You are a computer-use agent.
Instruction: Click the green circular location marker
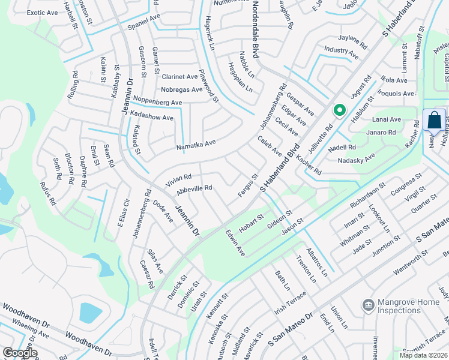339,110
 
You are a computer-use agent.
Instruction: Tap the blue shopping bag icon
434,121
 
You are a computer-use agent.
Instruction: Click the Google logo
20,353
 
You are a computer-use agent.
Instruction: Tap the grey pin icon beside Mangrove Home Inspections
367,305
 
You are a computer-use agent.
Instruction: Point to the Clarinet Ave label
179,77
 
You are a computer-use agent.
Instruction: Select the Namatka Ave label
196,145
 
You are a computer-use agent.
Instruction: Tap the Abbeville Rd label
194,188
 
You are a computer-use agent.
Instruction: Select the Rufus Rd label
48,193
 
